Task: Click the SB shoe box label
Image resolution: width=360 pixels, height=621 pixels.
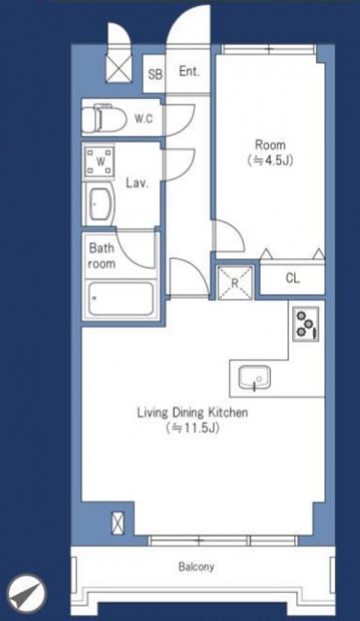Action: point(155,74)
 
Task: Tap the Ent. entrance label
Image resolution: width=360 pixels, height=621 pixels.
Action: point(189,71)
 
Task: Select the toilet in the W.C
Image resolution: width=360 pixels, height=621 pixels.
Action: point(104,117)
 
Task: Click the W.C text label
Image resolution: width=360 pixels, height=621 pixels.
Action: point(144,118)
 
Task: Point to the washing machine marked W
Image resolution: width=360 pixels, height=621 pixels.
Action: point(99,162)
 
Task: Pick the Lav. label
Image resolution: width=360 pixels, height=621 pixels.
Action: point(137,183)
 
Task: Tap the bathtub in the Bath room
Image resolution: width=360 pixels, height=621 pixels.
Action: point(120,298)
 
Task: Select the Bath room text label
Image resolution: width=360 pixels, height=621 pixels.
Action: point(102,256)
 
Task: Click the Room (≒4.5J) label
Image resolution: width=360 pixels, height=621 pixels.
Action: point(271,152)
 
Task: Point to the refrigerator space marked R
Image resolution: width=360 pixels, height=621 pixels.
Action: point(235,282)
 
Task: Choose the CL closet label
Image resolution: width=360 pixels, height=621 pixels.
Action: point(293,278)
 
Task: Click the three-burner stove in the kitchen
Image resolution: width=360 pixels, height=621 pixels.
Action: point(306,323)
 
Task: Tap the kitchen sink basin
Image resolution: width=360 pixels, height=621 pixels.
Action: point(254,377)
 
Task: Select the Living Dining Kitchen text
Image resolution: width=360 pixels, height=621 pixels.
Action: point(192,412)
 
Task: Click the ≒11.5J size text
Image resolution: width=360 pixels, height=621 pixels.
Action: point(192,428)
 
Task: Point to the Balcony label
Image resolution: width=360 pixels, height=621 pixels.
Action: point(196,567)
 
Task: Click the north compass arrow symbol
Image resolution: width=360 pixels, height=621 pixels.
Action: point(26,593)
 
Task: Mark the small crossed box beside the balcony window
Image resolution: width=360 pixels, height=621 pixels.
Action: point(117,523)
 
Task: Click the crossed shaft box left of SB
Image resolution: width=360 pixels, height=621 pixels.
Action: point(118,69)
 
